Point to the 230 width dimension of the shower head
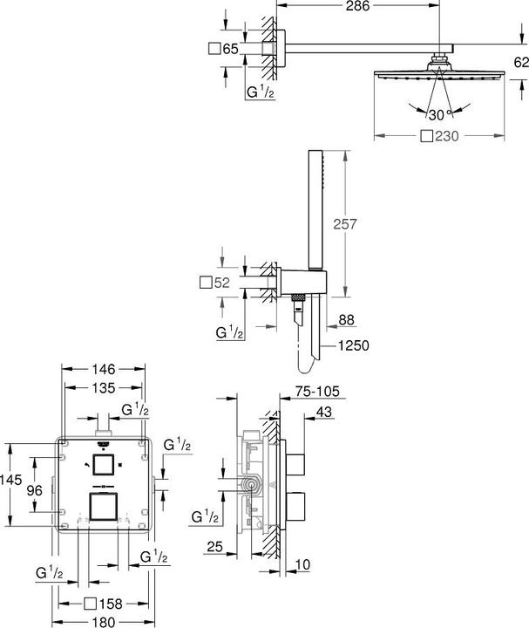click(x=444, y=136)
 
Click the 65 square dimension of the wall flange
click(x=231, y=49)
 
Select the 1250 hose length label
click(x=355, y=345)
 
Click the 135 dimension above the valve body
click(x=105, y=388)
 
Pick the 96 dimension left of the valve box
click(x=35, y=490)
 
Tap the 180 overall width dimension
click(x=105, y=621)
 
